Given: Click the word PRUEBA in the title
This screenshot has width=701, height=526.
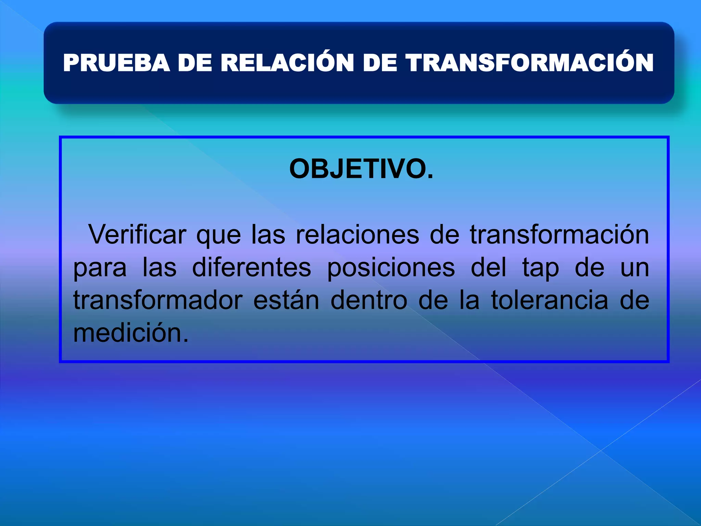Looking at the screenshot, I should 116,63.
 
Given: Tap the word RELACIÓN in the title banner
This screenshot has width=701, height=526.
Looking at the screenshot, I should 287,63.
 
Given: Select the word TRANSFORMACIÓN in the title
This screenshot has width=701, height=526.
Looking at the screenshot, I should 530,63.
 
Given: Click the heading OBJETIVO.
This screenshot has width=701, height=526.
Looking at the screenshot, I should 361,169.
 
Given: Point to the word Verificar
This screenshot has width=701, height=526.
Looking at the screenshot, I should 137,235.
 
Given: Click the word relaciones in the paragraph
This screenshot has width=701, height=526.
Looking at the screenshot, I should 357,235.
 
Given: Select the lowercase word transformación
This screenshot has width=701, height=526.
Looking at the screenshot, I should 559,235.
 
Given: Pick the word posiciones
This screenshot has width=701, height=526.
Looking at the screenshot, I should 391,268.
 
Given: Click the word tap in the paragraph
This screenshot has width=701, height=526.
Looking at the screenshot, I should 540,268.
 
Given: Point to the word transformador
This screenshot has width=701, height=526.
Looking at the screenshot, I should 158,300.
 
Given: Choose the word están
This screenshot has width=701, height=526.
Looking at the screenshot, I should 286,300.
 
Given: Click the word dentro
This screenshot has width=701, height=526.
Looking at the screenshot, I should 369,300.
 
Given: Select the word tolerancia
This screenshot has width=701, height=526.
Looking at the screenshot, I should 550,300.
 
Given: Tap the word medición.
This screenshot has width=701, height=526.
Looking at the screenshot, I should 131,333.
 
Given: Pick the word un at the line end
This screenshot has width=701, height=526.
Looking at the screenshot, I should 635,268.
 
